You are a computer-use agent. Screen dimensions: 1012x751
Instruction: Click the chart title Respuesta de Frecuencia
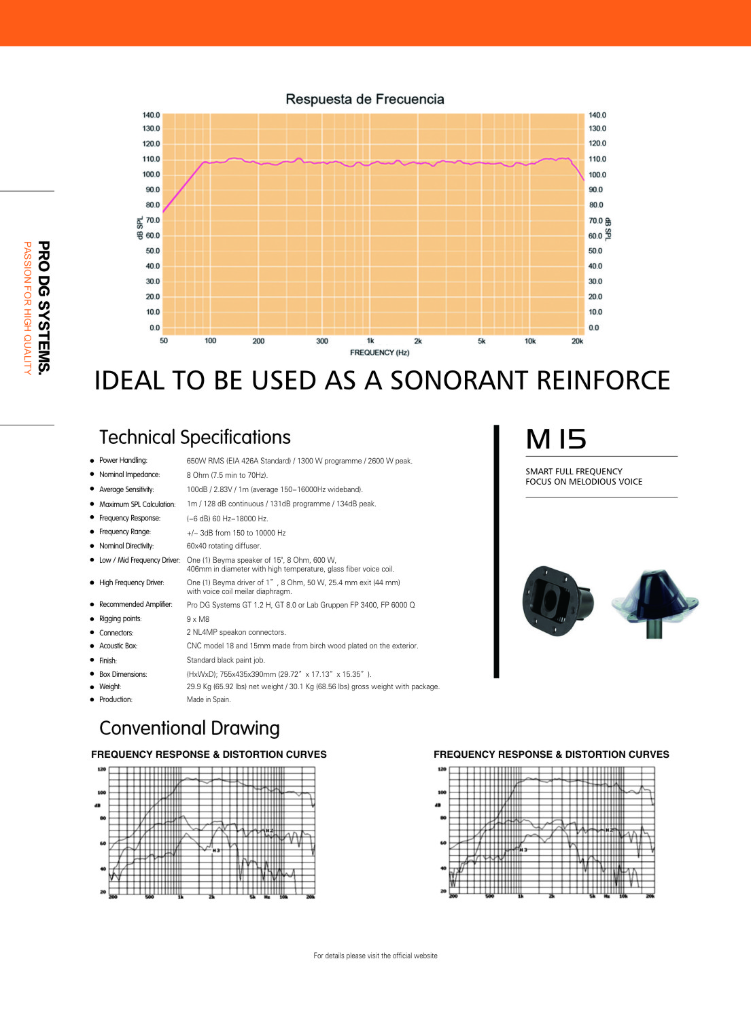pos(364,99)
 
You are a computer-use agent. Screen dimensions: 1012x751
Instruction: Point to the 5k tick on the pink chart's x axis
pos(481,341)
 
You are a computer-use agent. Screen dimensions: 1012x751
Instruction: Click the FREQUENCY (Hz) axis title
pos(379,353)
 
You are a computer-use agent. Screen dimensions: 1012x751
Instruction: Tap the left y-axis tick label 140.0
pos(151,116)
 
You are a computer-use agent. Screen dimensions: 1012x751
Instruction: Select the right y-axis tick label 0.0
pos(594,328)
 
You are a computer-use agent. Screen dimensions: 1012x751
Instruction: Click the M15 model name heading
pos(556,439)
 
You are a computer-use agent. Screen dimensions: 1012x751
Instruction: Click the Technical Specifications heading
pos(195,437)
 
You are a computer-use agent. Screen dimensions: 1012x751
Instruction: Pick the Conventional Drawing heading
pos(190,728)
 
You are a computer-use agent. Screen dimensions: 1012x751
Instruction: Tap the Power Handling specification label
pos(123,461)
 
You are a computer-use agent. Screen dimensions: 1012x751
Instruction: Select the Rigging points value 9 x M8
pos(198,619)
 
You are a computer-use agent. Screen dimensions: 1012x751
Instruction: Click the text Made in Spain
pos(209,699)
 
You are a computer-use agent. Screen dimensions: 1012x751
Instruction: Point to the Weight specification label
pos(110,686)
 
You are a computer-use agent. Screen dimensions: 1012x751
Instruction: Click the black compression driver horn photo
pos(557,601)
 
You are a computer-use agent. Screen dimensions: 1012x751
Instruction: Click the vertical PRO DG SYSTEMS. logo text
pos(43,307)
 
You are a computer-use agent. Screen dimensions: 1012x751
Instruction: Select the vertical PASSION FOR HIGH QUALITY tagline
pos(27,308)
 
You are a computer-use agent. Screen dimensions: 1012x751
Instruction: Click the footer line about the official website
pos(375,956)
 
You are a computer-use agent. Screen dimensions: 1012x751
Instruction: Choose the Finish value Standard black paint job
pos(226,660)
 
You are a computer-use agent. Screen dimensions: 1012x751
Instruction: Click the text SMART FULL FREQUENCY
pos(574,471)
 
